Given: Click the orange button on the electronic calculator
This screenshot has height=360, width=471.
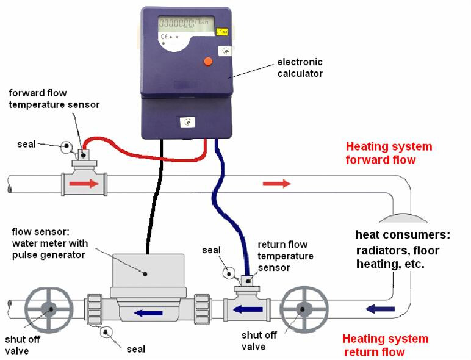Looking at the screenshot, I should (207, 60).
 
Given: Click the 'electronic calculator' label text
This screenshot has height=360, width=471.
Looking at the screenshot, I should (300, 68).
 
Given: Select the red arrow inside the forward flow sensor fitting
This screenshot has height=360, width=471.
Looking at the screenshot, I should (84, 183).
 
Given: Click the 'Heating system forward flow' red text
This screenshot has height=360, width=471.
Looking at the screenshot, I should (389, 153).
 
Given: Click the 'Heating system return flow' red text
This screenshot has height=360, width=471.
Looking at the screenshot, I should (385, 345).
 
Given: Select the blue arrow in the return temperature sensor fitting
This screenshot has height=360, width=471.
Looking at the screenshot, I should (248, 309).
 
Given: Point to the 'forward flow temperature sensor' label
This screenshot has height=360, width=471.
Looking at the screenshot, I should (54, 99).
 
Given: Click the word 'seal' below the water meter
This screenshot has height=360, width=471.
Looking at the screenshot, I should (135, 349).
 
